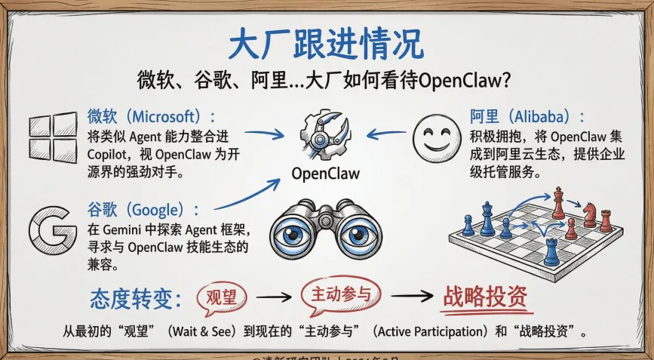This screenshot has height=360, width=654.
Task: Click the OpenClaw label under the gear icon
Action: tap(325, 174)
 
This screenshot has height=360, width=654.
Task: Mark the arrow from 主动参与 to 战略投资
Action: tap(410, 297)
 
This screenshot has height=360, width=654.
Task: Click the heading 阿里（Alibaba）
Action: tap(528, 117)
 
